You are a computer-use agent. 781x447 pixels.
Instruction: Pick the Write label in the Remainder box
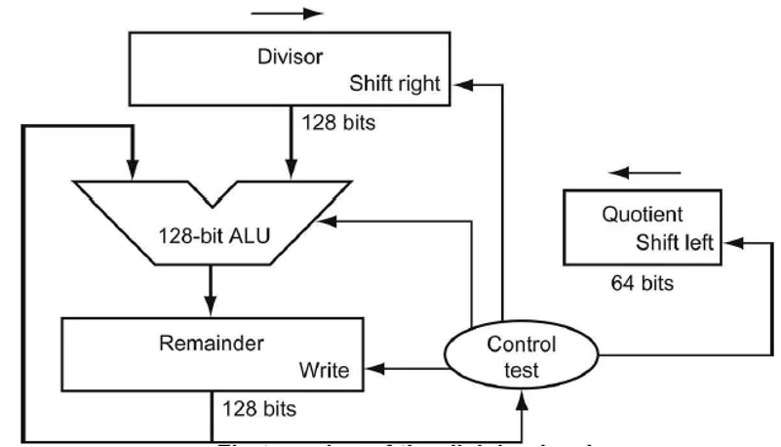tap(322, 371)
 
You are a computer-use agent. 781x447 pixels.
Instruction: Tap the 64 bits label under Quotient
tap(641, 284)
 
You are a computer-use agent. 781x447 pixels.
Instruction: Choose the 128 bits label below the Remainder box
tap(259, 407)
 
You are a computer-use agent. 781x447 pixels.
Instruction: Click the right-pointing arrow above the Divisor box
tap(287, 14)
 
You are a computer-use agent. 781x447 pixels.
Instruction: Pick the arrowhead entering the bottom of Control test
tap(525, 394)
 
